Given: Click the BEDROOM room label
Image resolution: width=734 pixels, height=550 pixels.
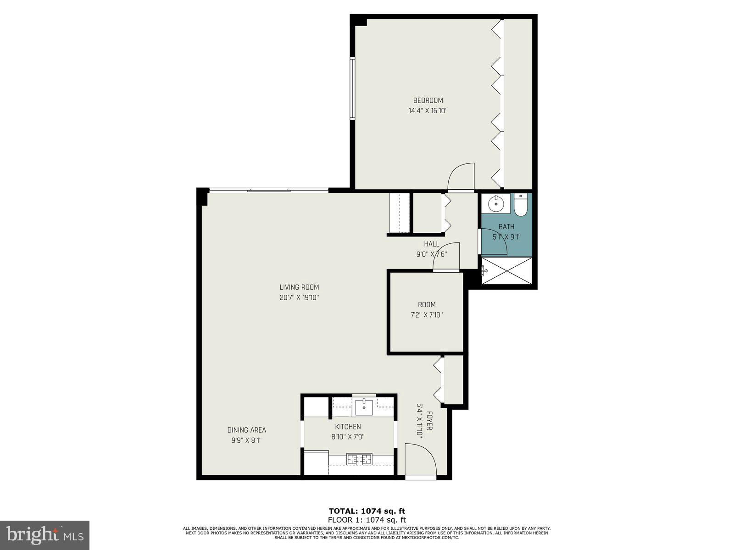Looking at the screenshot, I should tap(428, 100).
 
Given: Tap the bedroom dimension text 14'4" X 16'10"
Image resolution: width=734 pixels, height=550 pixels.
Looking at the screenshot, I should tap(428, 110).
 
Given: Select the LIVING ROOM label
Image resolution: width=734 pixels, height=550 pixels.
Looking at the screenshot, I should tap(299, 287).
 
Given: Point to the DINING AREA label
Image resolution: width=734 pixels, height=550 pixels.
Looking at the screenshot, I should tap(247, 430).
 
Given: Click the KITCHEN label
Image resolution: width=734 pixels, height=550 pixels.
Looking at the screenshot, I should tap(348, 427).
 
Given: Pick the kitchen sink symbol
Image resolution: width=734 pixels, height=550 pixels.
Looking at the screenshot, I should tap(364, 405).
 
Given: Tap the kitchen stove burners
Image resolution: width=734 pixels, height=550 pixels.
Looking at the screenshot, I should tap(359, 458).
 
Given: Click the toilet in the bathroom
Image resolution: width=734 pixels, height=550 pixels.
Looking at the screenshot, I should tap(520, 206).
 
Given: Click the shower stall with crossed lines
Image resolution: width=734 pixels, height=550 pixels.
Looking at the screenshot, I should tap(507, 271).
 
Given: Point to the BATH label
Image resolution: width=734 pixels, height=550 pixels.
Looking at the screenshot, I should tap(506, 227).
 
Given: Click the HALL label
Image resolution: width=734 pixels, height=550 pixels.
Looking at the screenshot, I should tap(431, 244).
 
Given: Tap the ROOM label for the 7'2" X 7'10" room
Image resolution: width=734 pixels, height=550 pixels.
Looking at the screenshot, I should tap(427, 305).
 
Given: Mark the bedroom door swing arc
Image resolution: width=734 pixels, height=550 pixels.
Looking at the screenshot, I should tap(461, 176).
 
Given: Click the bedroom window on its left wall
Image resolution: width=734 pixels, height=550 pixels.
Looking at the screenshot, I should tap(352, 88).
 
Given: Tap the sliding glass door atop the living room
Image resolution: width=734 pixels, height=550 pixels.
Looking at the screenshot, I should tap(269, 190).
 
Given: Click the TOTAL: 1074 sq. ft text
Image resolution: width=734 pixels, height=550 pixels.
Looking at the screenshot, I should tap(367, 511).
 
